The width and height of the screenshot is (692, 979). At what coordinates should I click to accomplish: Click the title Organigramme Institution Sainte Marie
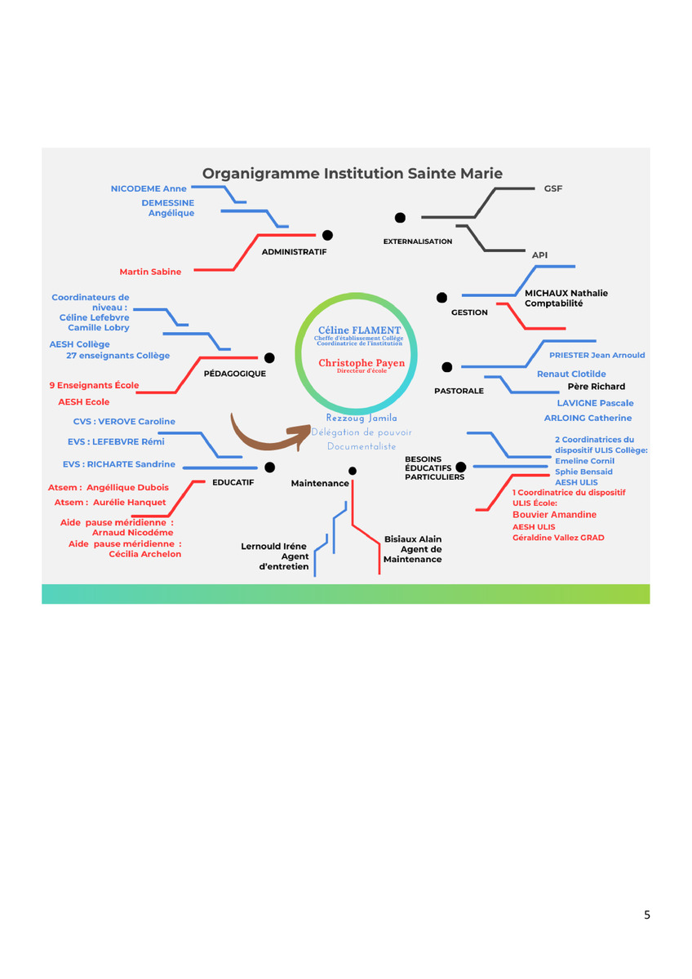click(352, 173)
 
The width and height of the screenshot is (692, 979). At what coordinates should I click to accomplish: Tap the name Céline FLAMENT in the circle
click(359, 330)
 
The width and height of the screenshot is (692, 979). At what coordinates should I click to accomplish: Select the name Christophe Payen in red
click(362, 363)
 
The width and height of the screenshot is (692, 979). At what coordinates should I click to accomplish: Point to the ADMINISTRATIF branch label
click(294, 252)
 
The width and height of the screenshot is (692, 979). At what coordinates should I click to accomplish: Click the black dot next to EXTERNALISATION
click(400, 218)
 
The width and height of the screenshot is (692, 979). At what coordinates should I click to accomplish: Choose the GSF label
click(553, 188)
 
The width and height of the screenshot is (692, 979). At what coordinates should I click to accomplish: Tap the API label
click(539, 255)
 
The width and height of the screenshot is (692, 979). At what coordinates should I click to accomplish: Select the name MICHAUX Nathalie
click(566, 293)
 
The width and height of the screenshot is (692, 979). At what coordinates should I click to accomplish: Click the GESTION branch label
click(469, 312)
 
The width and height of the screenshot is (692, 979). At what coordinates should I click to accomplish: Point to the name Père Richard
click(596, 387)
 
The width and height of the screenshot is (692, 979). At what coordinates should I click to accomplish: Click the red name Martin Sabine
click(150, 272)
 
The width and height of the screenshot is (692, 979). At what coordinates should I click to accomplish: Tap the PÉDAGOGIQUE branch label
click(235, 374)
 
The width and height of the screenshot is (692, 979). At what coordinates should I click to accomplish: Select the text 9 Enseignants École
click(95, 385)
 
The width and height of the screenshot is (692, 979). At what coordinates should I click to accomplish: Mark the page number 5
click(647, 915)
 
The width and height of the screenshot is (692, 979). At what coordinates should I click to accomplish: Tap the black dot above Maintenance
click(352, 471)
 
